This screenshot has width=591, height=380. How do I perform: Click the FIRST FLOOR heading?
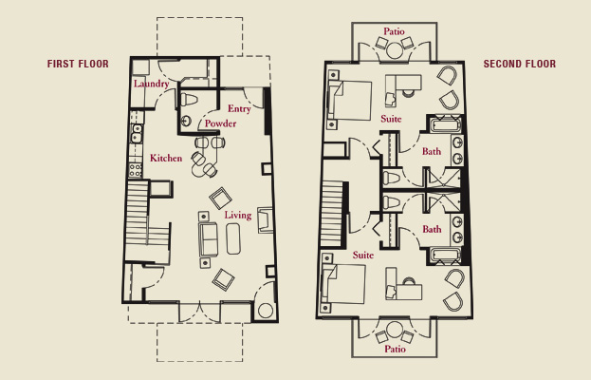click(78, 64)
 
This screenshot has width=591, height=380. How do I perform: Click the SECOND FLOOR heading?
click(520, 64)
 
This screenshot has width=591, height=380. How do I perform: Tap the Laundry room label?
click(151, 84)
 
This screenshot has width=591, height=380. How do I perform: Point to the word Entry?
click(239, 108)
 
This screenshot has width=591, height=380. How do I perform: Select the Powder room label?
click(220, 123)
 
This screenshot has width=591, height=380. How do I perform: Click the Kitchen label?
click(166, 158)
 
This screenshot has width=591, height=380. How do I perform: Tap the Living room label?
click(238, 215)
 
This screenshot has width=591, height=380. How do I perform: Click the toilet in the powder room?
click(189, 100)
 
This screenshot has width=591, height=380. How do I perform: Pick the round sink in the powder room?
click(186, 122)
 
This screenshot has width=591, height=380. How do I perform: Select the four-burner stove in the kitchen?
click(136, 170)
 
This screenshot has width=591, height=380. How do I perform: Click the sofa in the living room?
click(208, 239)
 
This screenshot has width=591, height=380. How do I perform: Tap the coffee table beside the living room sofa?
click(233, 238)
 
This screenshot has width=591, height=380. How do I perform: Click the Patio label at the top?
click(395, 31)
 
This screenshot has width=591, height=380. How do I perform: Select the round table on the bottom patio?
click(395, 330)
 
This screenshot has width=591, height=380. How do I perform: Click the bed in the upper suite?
click(350, 101)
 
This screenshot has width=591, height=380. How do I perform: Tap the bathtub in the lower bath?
click(446, 255)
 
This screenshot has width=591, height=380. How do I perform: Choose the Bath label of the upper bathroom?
click(432, 151)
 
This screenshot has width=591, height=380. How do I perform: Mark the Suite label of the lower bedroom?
click(363, 256)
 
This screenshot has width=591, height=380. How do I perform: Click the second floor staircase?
click(332, 214)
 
